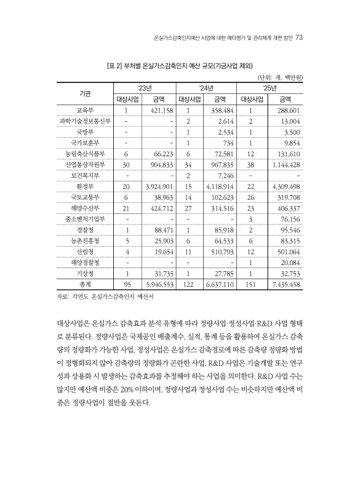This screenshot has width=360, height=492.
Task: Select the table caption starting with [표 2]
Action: (x=180, y=65)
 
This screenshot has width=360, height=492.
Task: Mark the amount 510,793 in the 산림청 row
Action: (x=220, y=251)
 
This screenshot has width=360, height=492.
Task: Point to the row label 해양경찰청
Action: (x=85, y=261)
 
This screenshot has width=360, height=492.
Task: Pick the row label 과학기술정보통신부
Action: (x=85, y=121)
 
